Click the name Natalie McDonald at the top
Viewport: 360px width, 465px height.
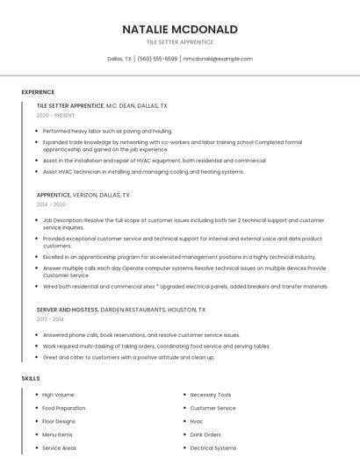coord(180,29)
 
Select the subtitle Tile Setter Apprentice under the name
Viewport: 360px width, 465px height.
coord(180,42)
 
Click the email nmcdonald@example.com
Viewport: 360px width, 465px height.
coord(218,59)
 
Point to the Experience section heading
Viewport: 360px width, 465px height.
coord(38,92)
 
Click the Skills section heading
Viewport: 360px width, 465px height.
coord(31,378)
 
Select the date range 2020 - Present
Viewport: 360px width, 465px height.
coord(55,115)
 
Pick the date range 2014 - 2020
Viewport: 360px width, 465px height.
coord(51,204)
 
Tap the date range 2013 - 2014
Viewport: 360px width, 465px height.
coord(50,319)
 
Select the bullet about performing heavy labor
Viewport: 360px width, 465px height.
coord(107,131)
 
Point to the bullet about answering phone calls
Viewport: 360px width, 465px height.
coord(140,335)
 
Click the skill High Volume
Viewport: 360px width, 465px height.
coord(58,395)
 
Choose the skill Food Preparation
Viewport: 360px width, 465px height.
coord(63,408)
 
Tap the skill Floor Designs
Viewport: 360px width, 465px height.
coord(60,421)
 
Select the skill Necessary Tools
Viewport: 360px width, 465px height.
coord(211,395)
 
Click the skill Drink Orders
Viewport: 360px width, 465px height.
coord(205,434)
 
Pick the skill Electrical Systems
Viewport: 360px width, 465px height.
coord(212,447)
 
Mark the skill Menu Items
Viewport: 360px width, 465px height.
coord(57,434)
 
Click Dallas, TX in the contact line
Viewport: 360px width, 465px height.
coord(119,59)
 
